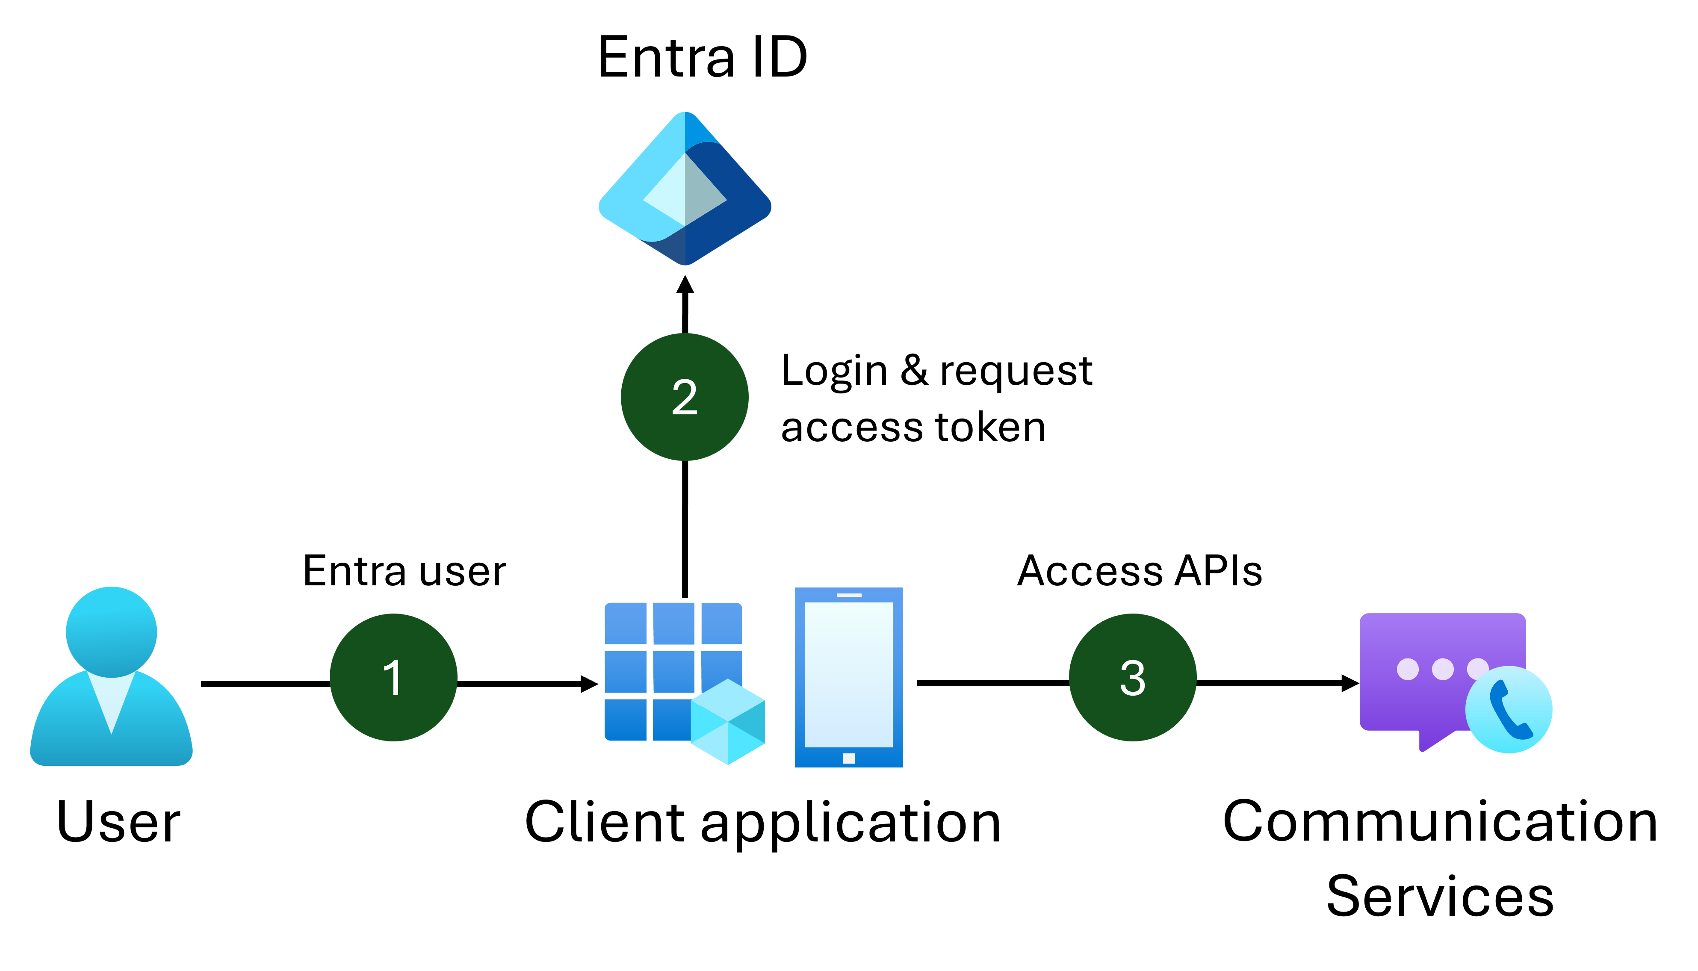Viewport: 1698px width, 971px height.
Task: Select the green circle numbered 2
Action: [684, 397]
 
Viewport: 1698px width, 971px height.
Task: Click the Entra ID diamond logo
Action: [685, 189]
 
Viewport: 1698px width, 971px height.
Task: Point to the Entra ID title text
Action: [702, 58]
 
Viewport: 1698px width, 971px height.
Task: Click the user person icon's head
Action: [111, 631]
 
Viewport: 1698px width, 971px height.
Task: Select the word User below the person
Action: [119, 822]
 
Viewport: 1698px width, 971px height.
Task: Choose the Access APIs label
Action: [1139, 572]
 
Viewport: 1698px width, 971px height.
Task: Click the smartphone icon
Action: [848, 677]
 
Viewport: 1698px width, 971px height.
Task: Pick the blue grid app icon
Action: [660, 660]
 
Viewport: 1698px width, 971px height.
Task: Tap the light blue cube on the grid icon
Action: [728, 722]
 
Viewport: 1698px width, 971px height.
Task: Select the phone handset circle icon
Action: [1509, 710]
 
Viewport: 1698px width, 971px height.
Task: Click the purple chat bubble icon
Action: [1427, 667]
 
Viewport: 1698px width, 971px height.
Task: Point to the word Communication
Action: [1440, 822]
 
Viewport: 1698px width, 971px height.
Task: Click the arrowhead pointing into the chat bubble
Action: [1350, 683]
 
